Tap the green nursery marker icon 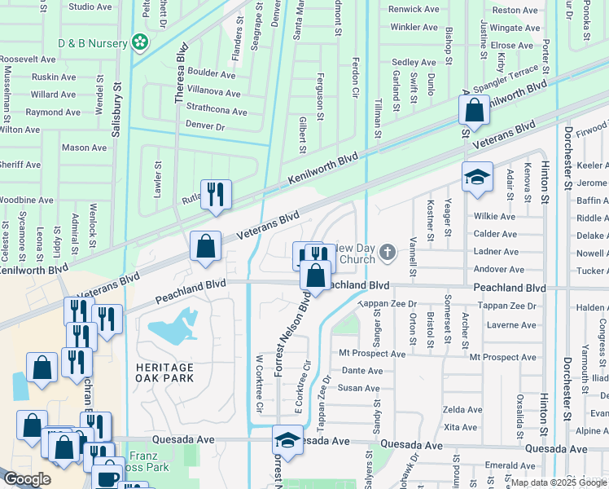point(140,42)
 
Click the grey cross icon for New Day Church point(387,253)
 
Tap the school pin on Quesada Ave point(287,441)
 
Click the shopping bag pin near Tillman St point(473,111)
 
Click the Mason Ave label point(85,148)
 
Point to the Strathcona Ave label point(217,112)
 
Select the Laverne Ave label point(510,325)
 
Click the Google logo point(28,478)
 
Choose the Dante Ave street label point(361,371)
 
